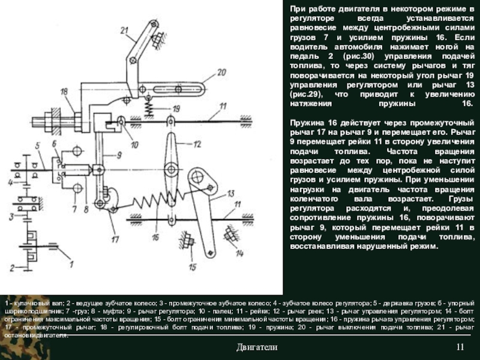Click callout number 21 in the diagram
pyautogui.click(x=124, y=30)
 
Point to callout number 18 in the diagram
pyautogui.click(x=64, y=92)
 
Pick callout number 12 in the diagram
pyautogui.click(x=198, y=145)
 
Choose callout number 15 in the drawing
pyautogui.click(x=191, y=267)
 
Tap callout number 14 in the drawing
pyautogui.click(x=239, y=253)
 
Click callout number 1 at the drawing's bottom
pyautogui.click(x=71, y=263)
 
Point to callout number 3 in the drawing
pyautogui.click(x=11, y=215)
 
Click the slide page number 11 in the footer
pyautogui.click(x=460, y=348)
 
